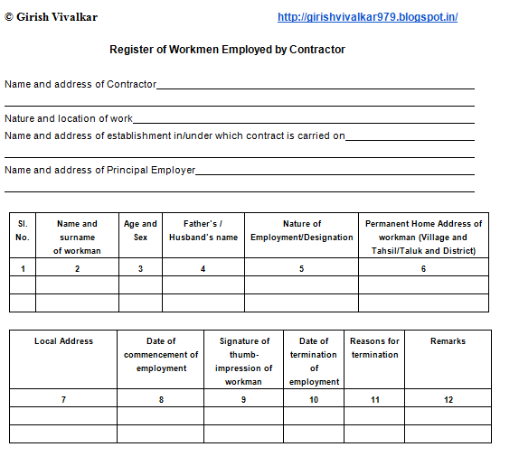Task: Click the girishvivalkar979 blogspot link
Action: [x=367, y=17]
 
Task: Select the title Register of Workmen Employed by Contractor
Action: [x=227, y=50]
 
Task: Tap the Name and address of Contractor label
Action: [x=80, y=84]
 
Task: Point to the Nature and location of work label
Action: [x=69, y=118]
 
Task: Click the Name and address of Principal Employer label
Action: [x=99, y=170]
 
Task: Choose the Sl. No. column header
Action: [x=23, y=230]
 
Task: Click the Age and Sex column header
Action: [x=140, y=230]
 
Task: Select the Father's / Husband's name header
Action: [x=203, y=230]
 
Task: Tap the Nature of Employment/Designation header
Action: [x=302, y=230]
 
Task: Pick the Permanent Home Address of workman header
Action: [x=423, y=237]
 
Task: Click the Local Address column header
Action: [x=63, y=341]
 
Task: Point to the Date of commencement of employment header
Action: [x=161, y=354]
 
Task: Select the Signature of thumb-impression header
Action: [x=244, y=361]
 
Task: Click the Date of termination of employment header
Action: [x=314, y=361]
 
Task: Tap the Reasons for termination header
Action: [x=374, y=348]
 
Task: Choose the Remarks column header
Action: [x=448, y=341]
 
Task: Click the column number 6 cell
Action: [x=423, y=269]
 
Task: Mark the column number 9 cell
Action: [x=243, y=399]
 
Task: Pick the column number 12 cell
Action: [x=448, y=399]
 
